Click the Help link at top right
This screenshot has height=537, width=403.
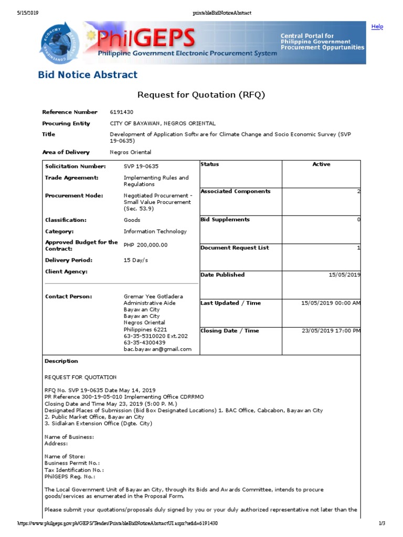click(x=377, y=27)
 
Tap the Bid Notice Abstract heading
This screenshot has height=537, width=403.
click(x=88, y=74)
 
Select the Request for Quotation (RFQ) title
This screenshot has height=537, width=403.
click(x=201, y=95)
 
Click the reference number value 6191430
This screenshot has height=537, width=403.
click(x=122, y=112)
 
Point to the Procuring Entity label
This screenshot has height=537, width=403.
click(x=66, y=124)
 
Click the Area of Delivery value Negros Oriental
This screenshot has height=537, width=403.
click(x=130, y=153)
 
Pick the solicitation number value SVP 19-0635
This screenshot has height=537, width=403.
click(x=141, y=167)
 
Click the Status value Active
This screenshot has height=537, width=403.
click(x=321, y=165)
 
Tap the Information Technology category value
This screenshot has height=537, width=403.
click(x=155, y=232)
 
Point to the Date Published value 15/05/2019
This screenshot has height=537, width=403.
click(x=344, y=275)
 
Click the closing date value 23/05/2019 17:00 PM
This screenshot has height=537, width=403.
click(x=331, y=331)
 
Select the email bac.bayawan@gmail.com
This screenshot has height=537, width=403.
click(x=157, y=349)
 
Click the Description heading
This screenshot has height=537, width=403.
click(x=61, y=361)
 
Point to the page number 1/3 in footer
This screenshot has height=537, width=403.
click(x=381, y=523)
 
